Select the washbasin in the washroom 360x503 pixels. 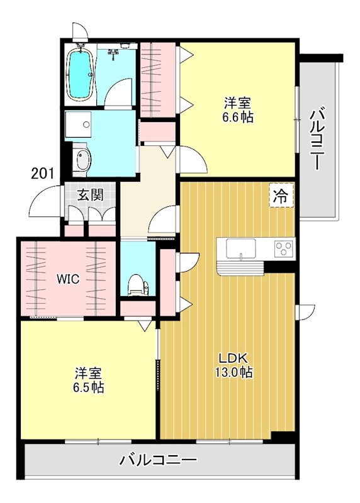[82, 160]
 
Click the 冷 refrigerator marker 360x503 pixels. [281, 196]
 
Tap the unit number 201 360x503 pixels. [42, 173]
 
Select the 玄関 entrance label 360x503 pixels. [90, 194]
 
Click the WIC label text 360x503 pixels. [67, 279]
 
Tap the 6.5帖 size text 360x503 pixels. [88, 387]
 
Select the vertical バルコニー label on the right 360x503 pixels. [318, 138]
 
